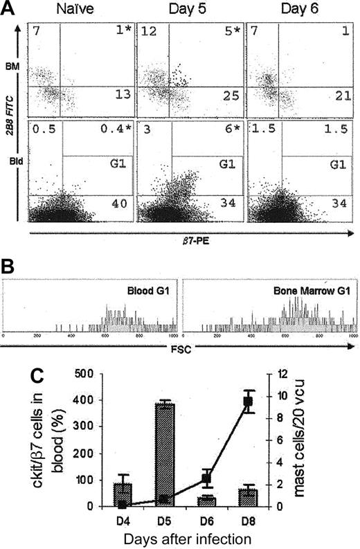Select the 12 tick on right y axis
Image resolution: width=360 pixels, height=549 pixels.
tap(282, 375)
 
